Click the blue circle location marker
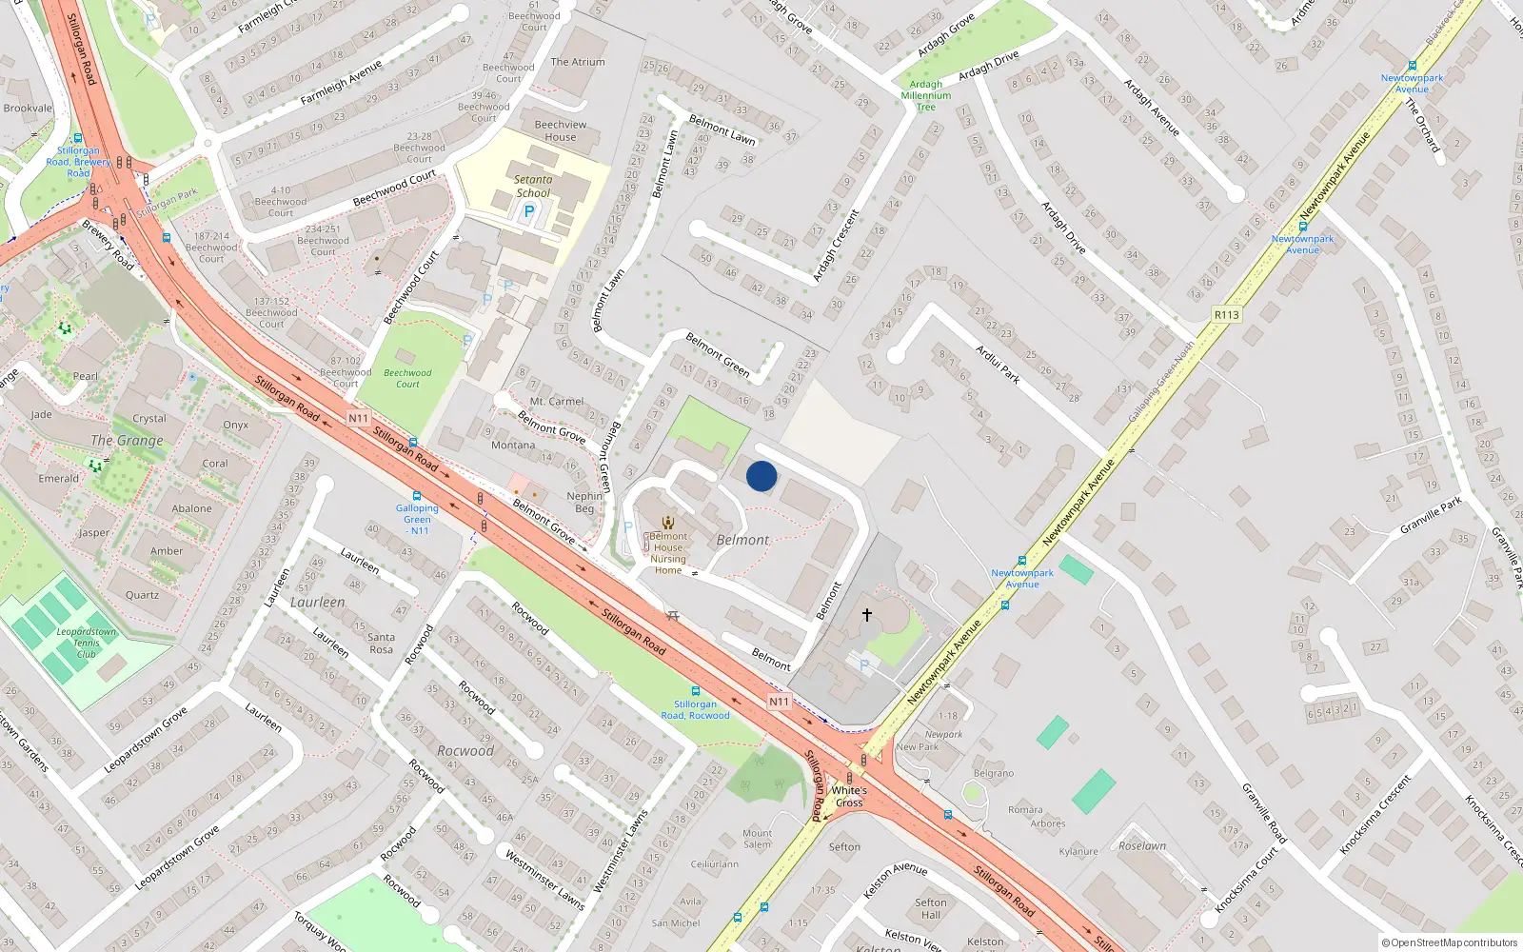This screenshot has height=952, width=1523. pos(761,476)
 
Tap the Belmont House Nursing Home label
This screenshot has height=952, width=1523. pos(668,553)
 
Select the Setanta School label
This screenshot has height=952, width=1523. pos(533,186)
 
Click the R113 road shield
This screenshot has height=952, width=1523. pos(1227,315)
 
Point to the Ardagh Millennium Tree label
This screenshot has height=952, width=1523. pos(926,95)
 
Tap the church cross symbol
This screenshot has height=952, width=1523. pos(867,615)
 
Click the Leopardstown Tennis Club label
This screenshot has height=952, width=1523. pos(87,643)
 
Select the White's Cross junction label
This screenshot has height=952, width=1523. pos(849,796)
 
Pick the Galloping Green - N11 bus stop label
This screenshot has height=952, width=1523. pos(417,519)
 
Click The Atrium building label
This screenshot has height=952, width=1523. pos(578,62)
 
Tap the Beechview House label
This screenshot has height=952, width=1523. pos(561,130)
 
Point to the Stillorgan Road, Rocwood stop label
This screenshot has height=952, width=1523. pos(695,709)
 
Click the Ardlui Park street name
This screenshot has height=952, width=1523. pos(998,365)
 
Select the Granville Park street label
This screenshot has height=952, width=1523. pos(1430,516)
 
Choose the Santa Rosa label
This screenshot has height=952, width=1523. pos(381,644)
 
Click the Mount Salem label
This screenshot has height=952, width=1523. pos(758,839)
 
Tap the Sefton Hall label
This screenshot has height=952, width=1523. pos(931,908)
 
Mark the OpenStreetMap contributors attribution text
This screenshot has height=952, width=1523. pos(1450,942)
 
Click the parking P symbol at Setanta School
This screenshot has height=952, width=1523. pos(529,211)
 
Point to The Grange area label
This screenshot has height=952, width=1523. pos(127,440)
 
